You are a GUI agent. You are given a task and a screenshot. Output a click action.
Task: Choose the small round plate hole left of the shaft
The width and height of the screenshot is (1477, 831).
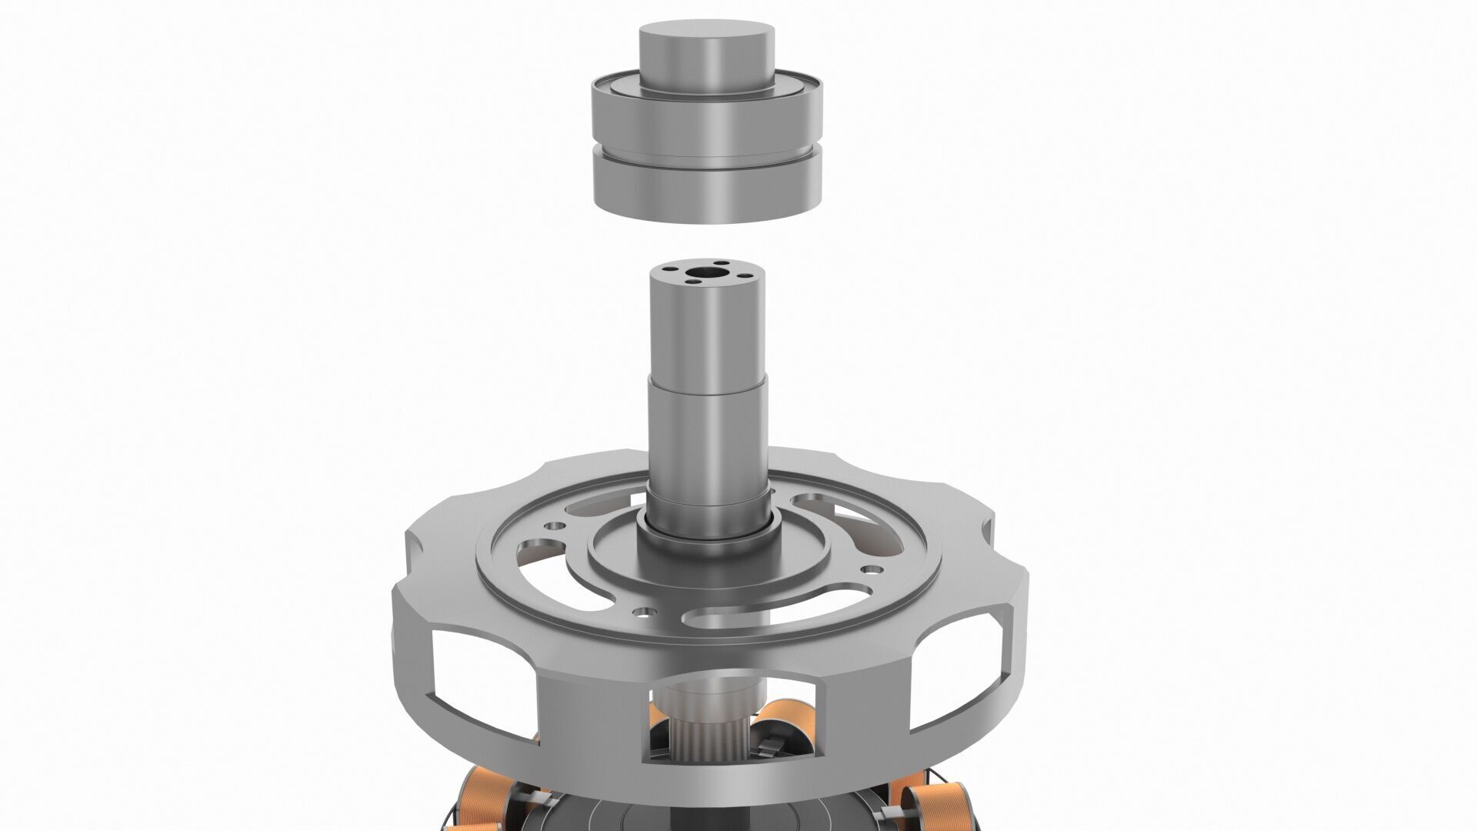552,526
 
